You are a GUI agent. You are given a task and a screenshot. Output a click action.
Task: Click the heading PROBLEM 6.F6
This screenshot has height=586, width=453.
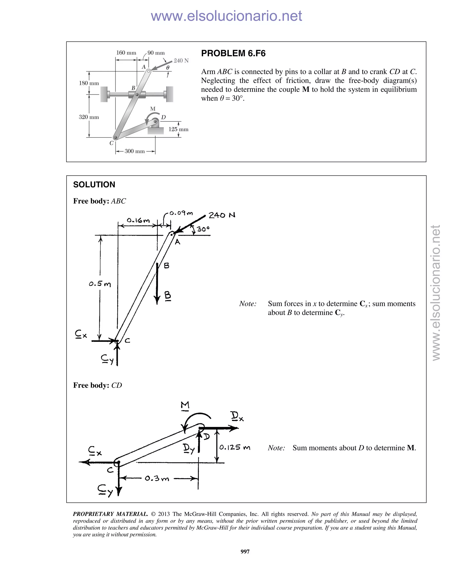click(233, 53)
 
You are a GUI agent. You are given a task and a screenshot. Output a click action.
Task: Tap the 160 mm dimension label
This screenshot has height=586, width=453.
click(126, 53)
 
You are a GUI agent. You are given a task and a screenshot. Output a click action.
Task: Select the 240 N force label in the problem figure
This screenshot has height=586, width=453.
click(181, 61)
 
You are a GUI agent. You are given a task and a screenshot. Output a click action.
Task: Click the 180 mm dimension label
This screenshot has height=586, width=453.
click(89, 83)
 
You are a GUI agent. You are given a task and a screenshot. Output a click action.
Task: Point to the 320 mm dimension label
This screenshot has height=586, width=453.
click(89, 117)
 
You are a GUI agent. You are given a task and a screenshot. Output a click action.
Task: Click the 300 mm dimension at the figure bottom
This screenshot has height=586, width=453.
click(134, 151)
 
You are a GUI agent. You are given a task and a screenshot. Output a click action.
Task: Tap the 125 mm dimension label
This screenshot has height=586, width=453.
click(179, 129)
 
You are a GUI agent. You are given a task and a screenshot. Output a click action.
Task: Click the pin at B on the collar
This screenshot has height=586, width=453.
click(137, 94)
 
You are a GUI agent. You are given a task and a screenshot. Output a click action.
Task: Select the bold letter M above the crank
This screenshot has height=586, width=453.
click(153, 109)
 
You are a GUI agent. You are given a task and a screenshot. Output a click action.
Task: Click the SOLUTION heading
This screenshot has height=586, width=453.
click(94, 185)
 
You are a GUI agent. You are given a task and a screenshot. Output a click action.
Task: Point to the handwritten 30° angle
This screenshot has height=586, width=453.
click(203, 229)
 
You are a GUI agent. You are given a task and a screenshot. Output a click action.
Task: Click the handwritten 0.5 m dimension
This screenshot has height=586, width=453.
click(100, 284)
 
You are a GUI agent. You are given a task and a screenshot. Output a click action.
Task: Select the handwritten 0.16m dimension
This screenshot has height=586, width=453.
click(138, 220)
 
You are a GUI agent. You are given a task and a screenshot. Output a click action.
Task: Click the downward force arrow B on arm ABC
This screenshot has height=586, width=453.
click(157, 284)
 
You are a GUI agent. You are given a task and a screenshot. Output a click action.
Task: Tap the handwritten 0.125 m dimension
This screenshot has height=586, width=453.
click(234, 447)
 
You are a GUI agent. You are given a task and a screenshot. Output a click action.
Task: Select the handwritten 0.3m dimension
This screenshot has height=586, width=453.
click(157, 478)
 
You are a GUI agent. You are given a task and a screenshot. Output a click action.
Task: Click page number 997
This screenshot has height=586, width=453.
click(245, 551)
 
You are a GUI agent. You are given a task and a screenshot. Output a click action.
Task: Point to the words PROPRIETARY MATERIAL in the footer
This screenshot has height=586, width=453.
click(110, 514)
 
